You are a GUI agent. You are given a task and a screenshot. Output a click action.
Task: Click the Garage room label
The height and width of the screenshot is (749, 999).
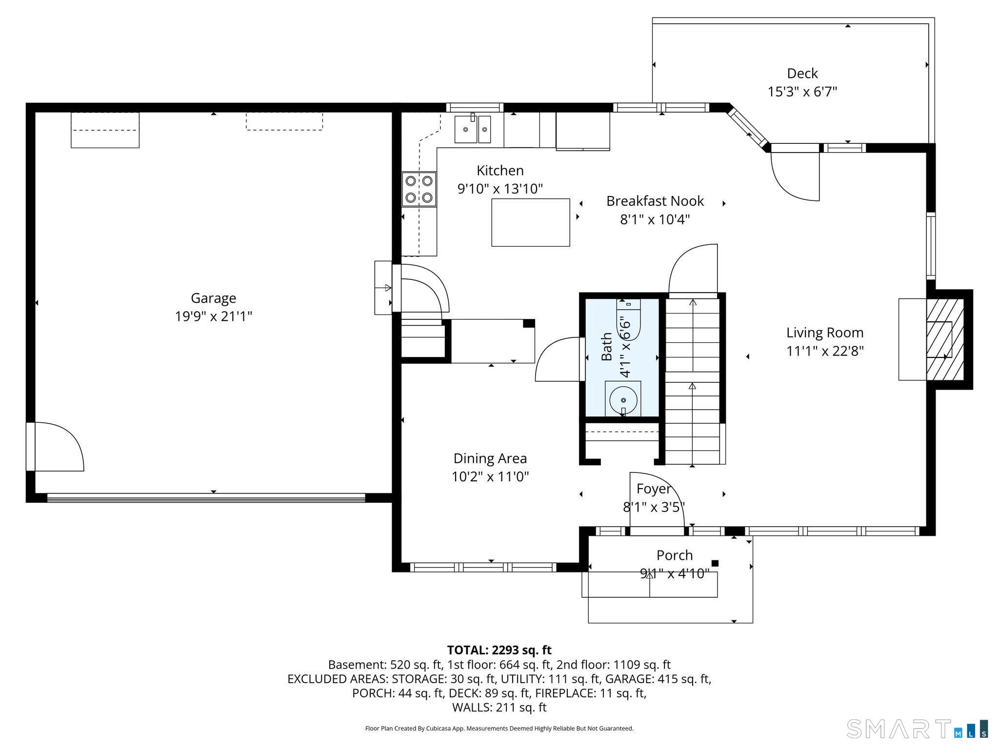[x=213, y=298]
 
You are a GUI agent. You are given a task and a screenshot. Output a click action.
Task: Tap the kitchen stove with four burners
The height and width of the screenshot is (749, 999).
[x=419, y=189]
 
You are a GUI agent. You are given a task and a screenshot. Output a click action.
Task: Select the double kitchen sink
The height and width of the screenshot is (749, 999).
[x=473, y=129]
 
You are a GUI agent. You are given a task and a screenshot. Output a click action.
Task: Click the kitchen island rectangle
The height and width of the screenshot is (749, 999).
[x=531, y=222]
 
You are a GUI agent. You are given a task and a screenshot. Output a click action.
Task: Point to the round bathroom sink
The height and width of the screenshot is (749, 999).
[x=623, y=399]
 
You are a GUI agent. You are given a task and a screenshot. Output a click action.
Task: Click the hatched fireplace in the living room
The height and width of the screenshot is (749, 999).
[x=945, y=339]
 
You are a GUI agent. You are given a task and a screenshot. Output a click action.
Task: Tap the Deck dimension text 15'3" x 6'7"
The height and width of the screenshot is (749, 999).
[x=802, y=92]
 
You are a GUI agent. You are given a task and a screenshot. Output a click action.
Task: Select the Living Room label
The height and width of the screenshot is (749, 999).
[x=825, y=333]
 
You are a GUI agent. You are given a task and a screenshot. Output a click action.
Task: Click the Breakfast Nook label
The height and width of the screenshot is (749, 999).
[x=655, y=201]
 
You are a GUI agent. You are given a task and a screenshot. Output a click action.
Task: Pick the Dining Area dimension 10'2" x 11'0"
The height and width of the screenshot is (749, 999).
[x=490, y=476]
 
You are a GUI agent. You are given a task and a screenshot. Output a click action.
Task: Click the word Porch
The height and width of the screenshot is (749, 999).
[x=675, y=555]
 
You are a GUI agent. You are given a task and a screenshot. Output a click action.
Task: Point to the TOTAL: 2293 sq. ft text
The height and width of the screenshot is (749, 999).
[x=499, y=650]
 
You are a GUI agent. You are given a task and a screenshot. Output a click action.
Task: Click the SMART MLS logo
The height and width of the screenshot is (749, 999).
[x=918, y=729]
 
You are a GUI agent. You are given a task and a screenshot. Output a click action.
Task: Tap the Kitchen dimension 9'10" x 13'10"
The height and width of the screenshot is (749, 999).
[x=500, y=189]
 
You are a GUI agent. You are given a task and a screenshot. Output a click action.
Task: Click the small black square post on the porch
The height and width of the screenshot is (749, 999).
[x=715, y=563]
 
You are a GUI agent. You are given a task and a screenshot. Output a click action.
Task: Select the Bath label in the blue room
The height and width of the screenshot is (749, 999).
[x=607, y=347]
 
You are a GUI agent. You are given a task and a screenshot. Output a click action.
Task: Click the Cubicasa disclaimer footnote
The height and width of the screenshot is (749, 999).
[x=499, y=729]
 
